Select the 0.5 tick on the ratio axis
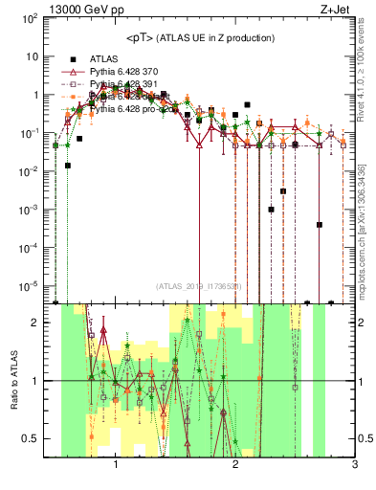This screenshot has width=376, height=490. (32, 438)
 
